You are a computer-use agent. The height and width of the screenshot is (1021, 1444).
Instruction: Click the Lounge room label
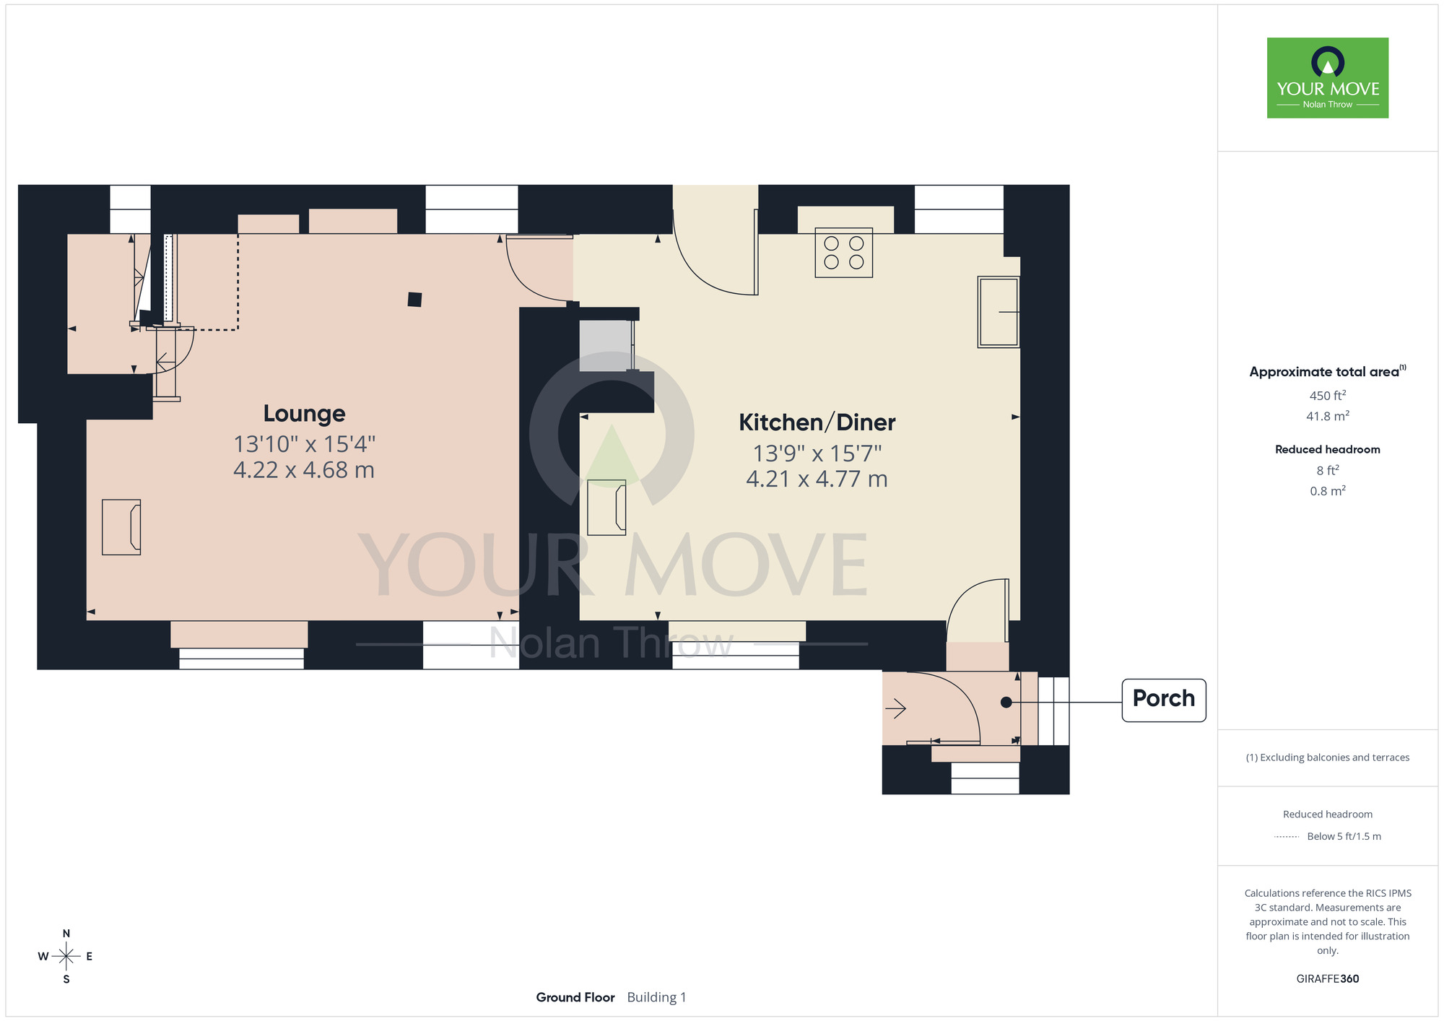304,414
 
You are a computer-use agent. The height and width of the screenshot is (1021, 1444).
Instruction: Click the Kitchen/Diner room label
817,422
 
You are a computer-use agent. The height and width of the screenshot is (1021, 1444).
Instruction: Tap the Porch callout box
1163,699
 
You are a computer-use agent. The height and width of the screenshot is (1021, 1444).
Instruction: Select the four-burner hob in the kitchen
843,253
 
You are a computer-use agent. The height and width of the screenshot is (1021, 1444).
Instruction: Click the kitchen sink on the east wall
998,312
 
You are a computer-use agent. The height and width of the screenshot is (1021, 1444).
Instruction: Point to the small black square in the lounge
414,300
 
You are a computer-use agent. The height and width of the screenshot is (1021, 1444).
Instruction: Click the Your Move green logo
1327,78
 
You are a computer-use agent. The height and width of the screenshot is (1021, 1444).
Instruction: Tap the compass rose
66,956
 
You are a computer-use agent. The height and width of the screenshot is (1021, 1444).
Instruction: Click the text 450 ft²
1327,396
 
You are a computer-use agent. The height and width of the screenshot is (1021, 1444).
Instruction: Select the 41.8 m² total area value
1327,417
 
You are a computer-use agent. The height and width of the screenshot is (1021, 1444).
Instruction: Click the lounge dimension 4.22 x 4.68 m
304,470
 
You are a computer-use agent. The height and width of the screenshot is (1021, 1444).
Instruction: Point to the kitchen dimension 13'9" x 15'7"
817,453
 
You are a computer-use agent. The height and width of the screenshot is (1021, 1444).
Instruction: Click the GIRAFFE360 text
1327,979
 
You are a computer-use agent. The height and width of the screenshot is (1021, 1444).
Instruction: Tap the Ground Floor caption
575,997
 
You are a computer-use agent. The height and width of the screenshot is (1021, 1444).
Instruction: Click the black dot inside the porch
1006,702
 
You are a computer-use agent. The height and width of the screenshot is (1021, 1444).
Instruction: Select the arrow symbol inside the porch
895,708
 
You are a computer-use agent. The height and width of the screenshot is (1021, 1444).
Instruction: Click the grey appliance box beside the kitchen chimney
606,346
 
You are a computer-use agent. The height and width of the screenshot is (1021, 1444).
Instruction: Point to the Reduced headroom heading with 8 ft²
1327,449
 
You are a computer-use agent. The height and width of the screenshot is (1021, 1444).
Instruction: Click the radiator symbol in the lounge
121,527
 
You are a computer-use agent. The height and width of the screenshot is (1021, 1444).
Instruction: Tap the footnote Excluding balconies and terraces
1327,757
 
